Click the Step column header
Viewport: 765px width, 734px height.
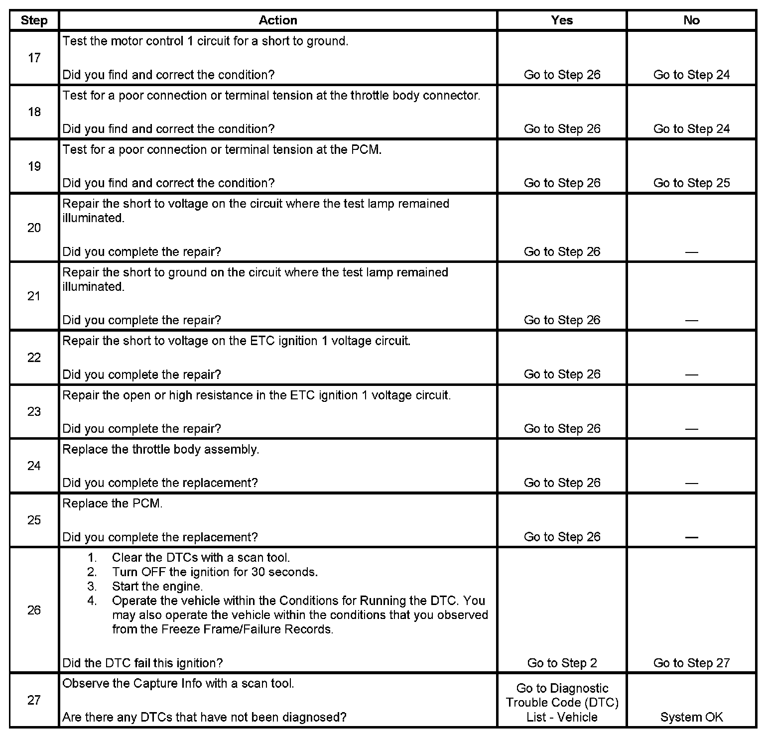click(x=34, y=20)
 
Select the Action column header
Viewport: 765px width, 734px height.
click(x=278, y=20)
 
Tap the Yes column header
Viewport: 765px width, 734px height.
click(x=562, y=20)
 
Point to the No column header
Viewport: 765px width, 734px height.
click(x=691, y=20)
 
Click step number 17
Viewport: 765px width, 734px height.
click(x=34, y=58)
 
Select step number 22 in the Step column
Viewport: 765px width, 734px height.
click(x=34, y=358)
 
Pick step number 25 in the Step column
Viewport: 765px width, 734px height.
click(x=34, y=520)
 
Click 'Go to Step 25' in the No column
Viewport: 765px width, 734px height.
click(x=691, y=183)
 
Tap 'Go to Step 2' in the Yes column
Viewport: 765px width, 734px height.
click(x=562, y=663)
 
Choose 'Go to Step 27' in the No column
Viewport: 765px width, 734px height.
click(x=691, y=663)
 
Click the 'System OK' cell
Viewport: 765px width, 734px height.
click(x=691, y=717)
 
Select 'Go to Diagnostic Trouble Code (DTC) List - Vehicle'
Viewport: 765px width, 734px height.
click(x=562, y=703)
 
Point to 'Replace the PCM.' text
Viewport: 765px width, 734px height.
click(x=113, y=503)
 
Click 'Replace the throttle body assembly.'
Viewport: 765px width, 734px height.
click(x=160, y=449)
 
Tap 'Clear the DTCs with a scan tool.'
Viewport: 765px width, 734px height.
click(x=201, y=558)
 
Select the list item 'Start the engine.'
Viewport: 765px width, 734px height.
click(x=157, y=587)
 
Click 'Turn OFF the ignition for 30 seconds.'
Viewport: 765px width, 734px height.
click(x=215, y=572)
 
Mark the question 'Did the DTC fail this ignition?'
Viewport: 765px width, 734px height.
click(x=142, y=663)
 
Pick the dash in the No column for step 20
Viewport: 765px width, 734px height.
click(x=691, y=252)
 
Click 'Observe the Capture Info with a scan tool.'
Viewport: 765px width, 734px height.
click(x=178, y=684)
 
